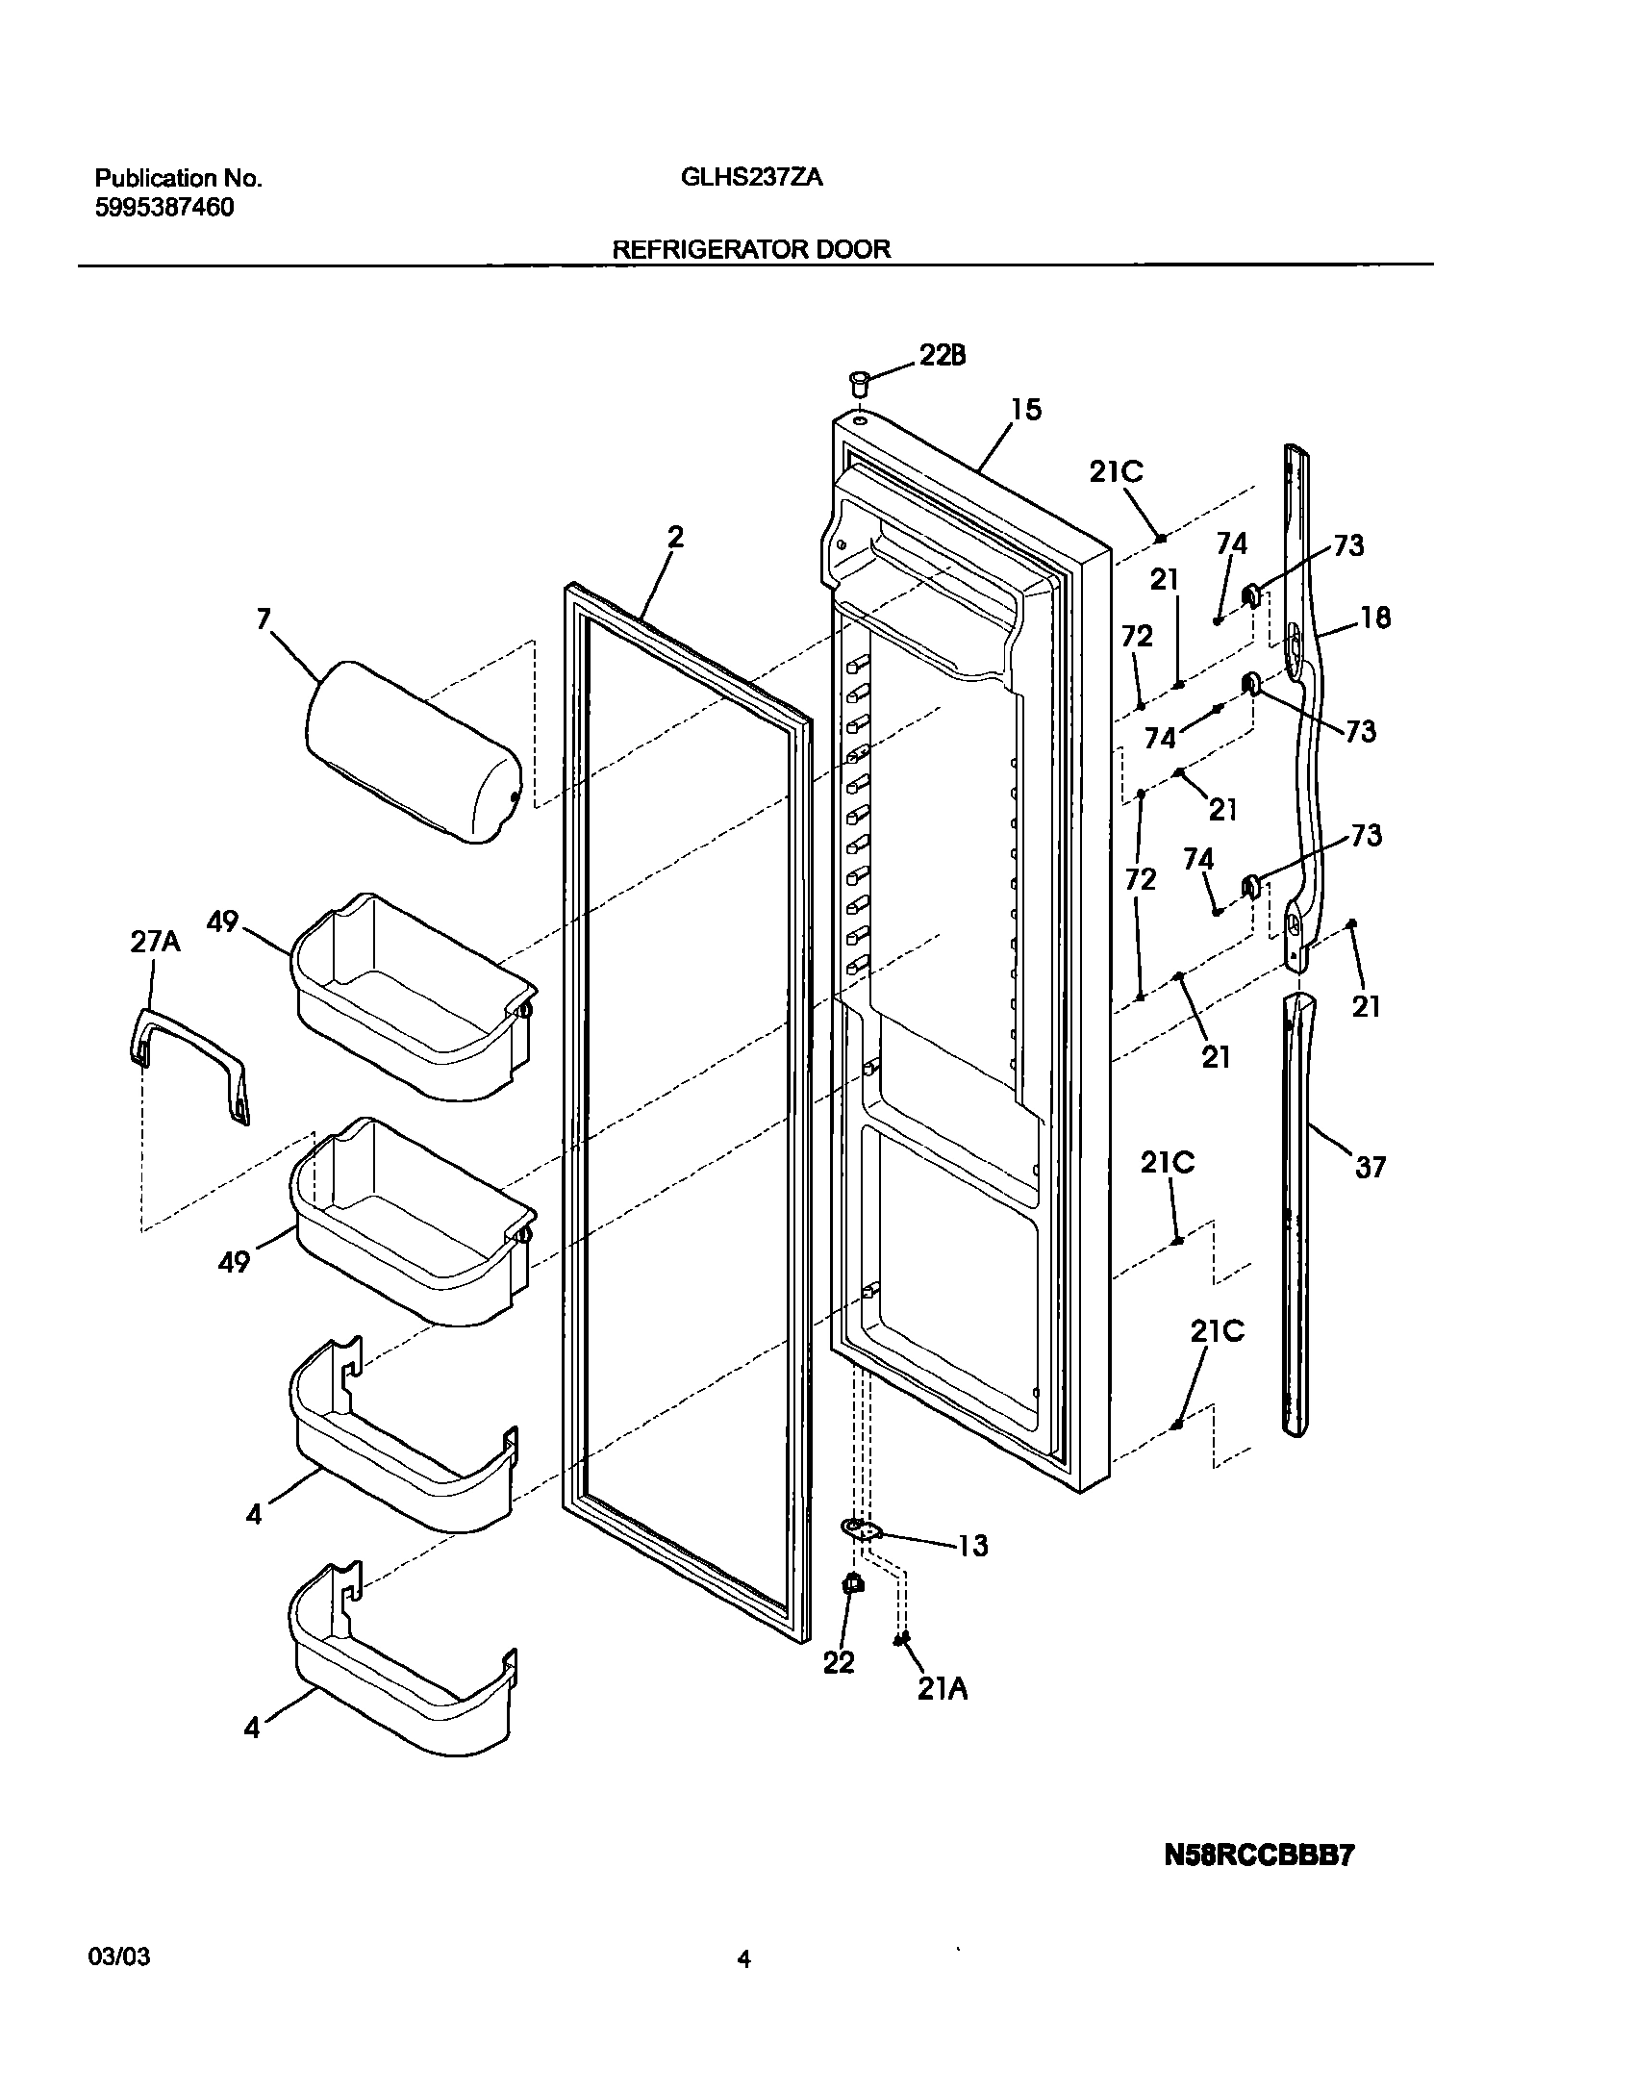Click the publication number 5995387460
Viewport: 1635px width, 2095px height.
coord(164,208)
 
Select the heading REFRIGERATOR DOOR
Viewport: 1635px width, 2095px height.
coord(751,249)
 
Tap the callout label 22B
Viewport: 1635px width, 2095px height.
coord(943,356)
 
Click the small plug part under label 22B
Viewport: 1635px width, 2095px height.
coord(859,383)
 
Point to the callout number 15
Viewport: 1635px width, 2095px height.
coord(1025,410)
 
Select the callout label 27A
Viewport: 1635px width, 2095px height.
coord(155,942)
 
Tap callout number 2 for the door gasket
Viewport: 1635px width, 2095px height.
coord(675,538)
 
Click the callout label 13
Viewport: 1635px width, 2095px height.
coord(973,1546)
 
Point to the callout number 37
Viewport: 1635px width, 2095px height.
coord(1370,1168)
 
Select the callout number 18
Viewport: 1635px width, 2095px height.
coord(1376,618)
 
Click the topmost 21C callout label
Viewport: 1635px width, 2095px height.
coord(1117,471)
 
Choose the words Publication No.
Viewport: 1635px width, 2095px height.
coord(178,178)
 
